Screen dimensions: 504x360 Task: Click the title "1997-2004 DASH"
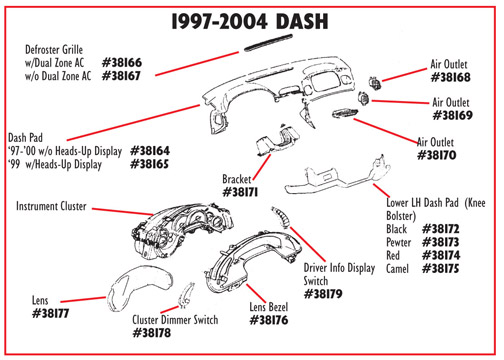pyautogui.click(x=250, y=22)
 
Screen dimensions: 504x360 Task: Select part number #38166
pyautogui.click(x=122, y=62)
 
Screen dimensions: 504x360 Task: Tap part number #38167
pyautogui.click(x=121, y=76)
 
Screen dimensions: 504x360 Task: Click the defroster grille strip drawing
pyautogui.click(x=268, y=43)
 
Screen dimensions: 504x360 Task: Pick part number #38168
pyautogui.click(x=451, y=77)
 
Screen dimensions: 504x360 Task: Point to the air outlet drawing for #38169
pyautogui.click(x=363, y=99)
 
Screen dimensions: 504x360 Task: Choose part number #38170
pyautogui.click(x=437, y=155)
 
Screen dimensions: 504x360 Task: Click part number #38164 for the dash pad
pyautogui.click(x=150, y=151)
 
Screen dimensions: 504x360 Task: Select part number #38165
pyautogui.click(x=150, y=164)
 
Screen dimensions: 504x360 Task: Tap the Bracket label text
pyautogui.click(x=236, y=179)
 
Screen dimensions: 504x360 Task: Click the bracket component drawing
pyautogui.click(x=277, y=140)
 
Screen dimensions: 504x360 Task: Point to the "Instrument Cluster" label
pyautogui.click(x=51, y=206)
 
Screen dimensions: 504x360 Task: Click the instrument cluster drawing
pyautogui.click(x=182, y=232)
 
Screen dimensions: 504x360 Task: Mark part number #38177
pyautogui.click(x=51, y=313)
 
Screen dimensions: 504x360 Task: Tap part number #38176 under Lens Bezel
pyautogui.click(x=269, y=320)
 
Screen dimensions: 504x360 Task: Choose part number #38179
pyautogui.click(x=323, y=294)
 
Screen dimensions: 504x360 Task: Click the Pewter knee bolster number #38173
pyautogui.click(x=441, y=242)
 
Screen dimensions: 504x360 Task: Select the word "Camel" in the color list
pyautogui.click(x=397, y=269)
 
